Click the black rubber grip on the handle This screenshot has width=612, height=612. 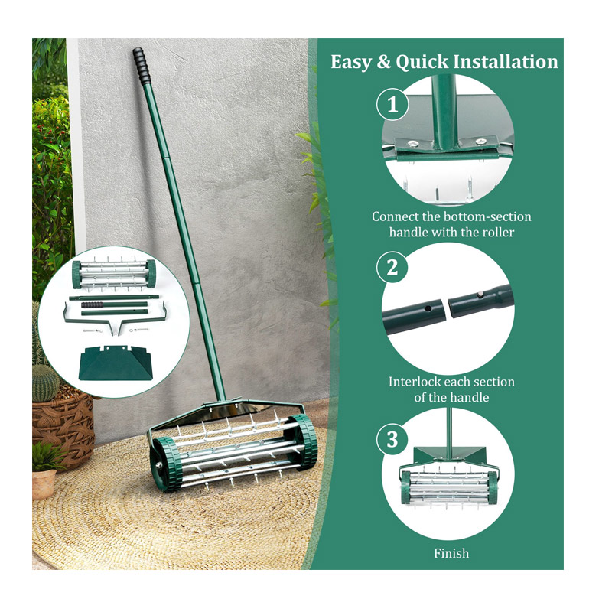tap(142, 66)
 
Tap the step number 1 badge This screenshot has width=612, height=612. tap(392, 105)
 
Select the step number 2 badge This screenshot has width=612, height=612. tap(392, 268)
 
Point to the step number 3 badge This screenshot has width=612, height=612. tap(392, 439)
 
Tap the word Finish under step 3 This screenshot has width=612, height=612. tap(451, 553)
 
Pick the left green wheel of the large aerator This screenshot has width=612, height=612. tap(166, 464)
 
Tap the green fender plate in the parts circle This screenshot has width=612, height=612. tap(116, 363)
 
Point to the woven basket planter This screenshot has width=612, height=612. tap(63, 428)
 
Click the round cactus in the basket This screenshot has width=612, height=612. tap(45, 382)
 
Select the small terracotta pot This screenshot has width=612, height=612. tap(44, 483)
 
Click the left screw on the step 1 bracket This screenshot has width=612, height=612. tap(413, 144)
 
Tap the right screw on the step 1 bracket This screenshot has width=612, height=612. tap(481, 141)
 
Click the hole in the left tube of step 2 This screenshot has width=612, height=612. tap(428, 308)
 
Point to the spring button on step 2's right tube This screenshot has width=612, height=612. tap(480, 295)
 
